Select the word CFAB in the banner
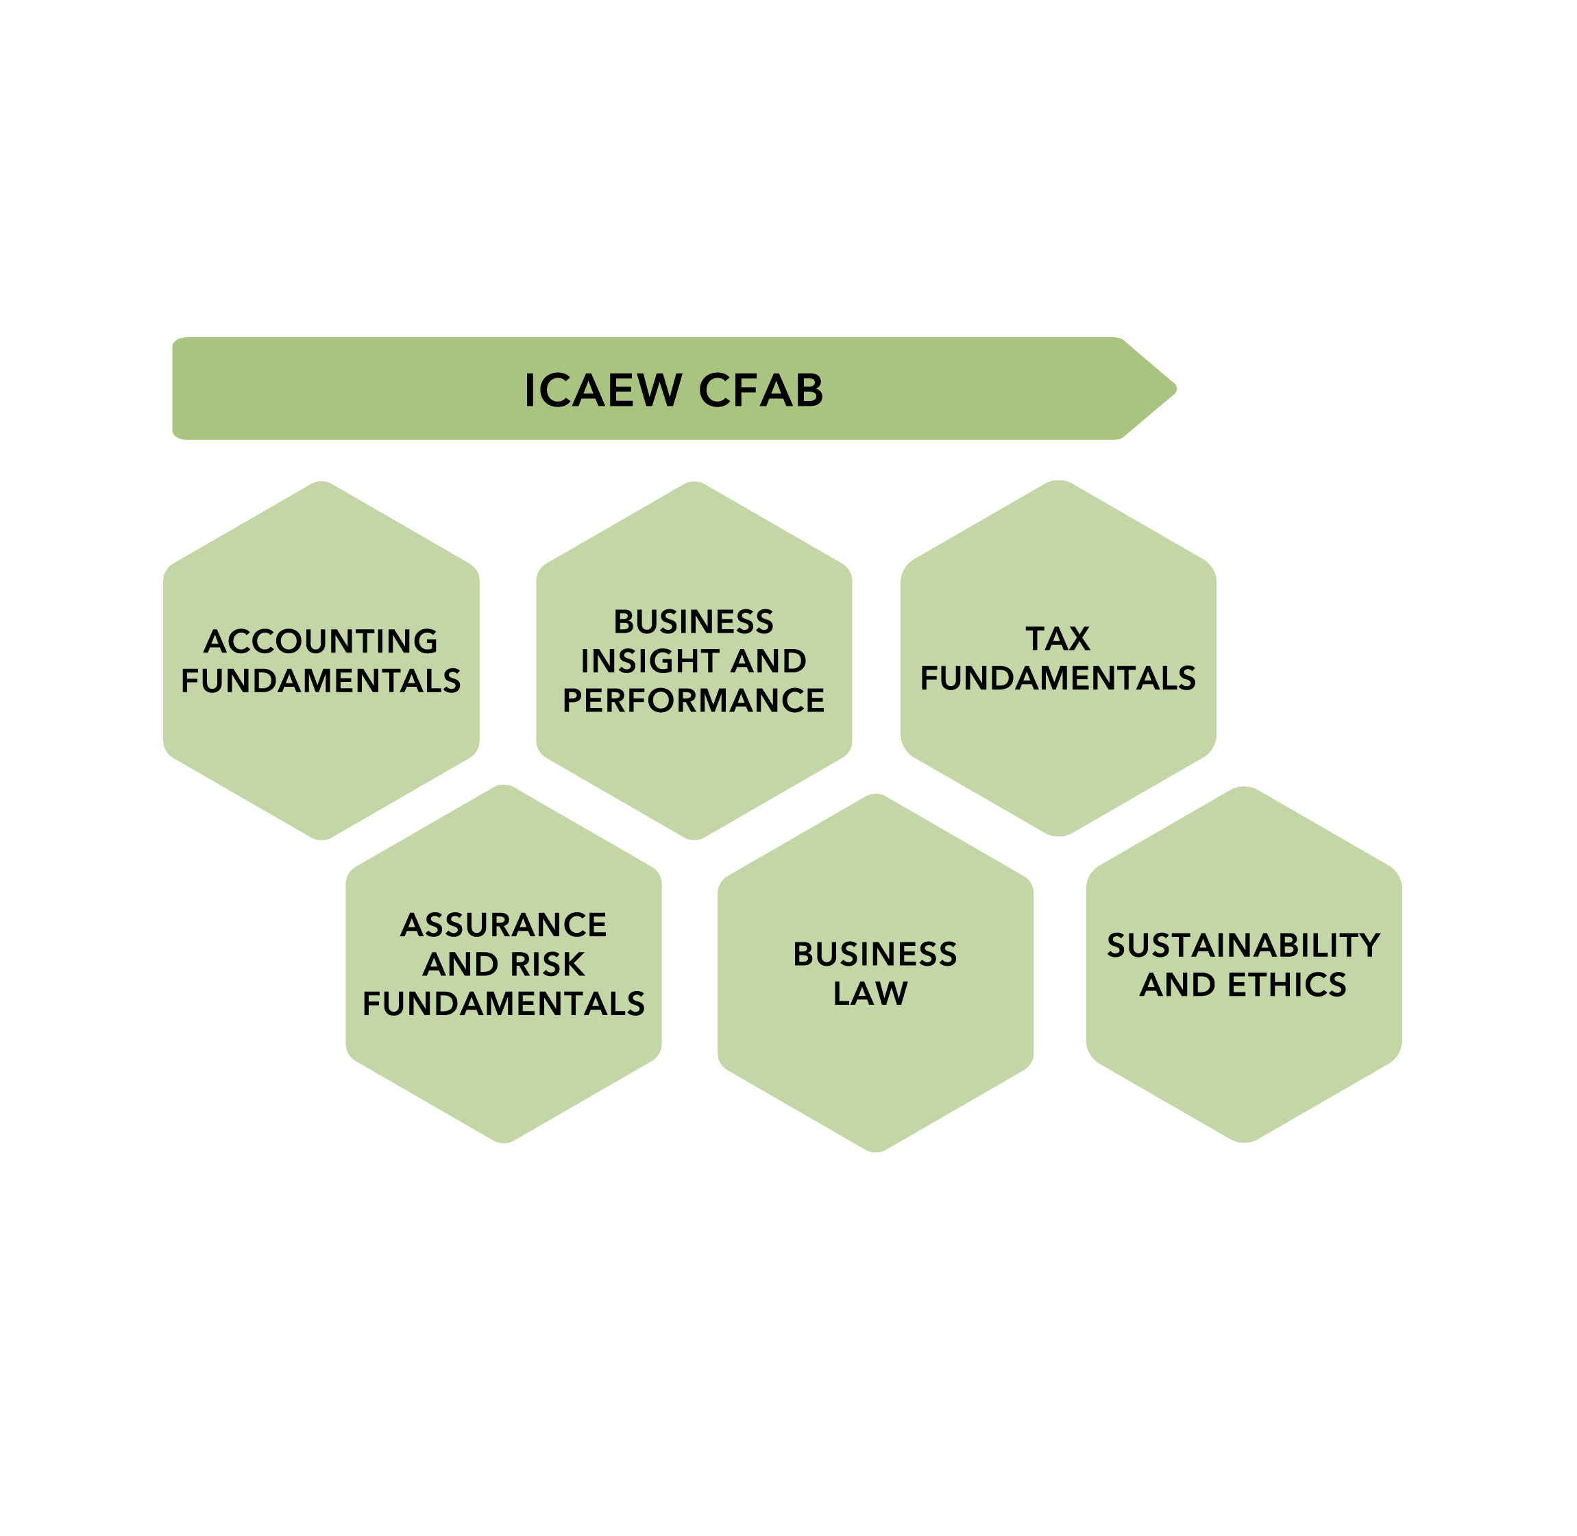(x=761, y=391)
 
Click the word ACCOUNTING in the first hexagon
(x=320, y=642)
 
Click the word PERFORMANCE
(x=694, y=701)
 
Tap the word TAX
(x=1058, y=639)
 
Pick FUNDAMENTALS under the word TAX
(x=1058, y=679)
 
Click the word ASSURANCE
(x=503, y=925)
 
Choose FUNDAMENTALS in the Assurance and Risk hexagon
(x=503, y=1004)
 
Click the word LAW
(x=870, y=994)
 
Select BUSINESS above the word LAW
(x=875, y=954)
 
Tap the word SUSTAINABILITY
(x=1243, y=945)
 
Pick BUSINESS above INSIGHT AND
(x=694, y=622)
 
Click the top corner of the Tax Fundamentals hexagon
(x=1058, y=483)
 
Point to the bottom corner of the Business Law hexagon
(x=875, y=1150)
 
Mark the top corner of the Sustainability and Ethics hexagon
(x=1244, y=788)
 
